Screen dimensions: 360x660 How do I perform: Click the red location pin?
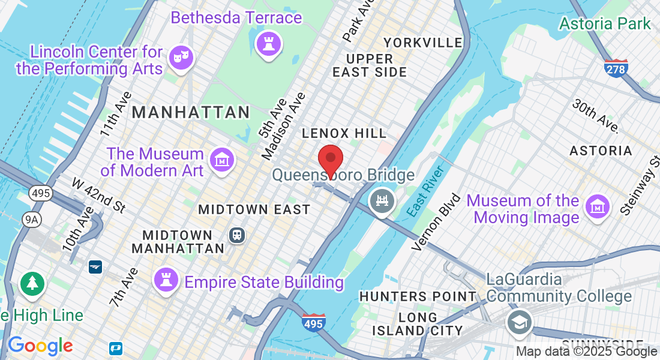pyautogui.click(x=330, y=159)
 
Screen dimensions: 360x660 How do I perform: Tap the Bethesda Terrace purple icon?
pyautogui.click(x=267, y=43)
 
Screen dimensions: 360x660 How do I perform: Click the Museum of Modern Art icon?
pyautogui.click(x=222, y=160)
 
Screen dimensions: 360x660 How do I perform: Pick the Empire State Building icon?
pyautogui.click(x=166, y=280)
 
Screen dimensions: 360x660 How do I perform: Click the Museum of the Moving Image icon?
pyautogui.click(x=598, y=207)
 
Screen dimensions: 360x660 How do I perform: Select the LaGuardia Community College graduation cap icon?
pyautogui.click(x=519, y=323)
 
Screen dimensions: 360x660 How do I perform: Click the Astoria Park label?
pyautogui.click(x=605, y=23)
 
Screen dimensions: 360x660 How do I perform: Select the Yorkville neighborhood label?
pyautogui.click(x=423, y=43)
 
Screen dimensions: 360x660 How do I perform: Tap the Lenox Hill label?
pyautogui.click(x=344, y=133)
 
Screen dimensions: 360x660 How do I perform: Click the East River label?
pyautogui.click(x=425, y=191)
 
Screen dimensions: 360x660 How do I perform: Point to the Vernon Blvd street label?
pyautogui.click(x=437, y=221)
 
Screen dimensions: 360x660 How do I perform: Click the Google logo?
pyautogui.click(x=40, y=345)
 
